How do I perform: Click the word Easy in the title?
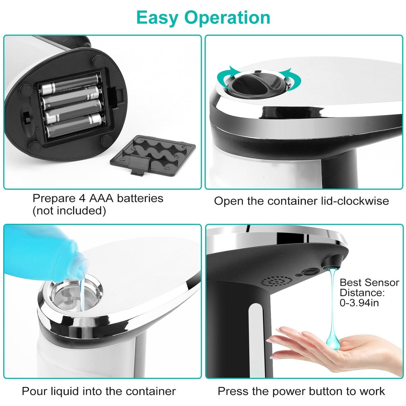(x=158, y=18)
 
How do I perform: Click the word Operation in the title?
(x=227, y=18)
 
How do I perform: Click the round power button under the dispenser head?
(x=310, y=272)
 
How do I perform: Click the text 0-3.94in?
(x=359, y=303)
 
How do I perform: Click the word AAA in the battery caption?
(x=101, y=198)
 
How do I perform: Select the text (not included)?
(x=69, y=211)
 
